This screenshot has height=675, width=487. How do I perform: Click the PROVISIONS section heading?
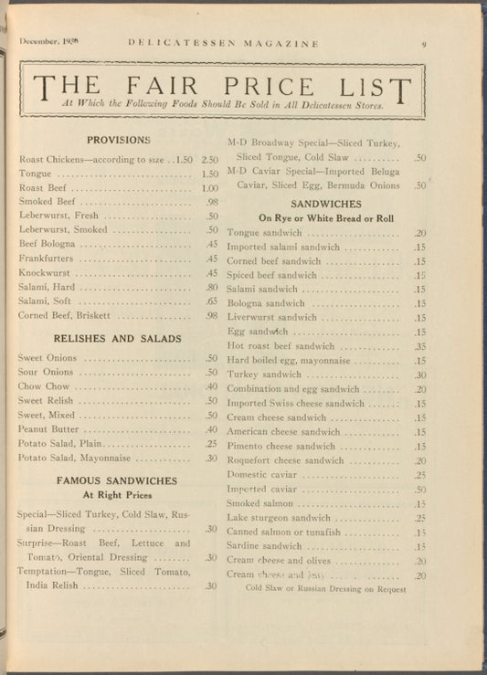[x=118, y=140]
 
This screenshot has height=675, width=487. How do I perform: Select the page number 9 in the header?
[x=424, y=42]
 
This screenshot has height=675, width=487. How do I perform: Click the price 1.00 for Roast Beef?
[x=210, y=188]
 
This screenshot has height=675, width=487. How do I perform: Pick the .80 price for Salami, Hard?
[x=211, y=287]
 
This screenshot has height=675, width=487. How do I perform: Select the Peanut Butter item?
[x=48, y=429]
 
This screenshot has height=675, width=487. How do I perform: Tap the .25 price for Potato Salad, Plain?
[x=211, y=444]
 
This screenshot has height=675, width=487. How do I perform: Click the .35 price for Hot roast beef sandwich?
[x=420, y=347]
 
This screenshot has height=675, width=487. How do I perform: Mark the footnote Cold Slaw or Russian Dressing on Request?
[x=325, y=589]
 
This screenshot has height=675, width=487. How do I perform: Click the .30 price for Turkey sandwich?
[x=420, y=374]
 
